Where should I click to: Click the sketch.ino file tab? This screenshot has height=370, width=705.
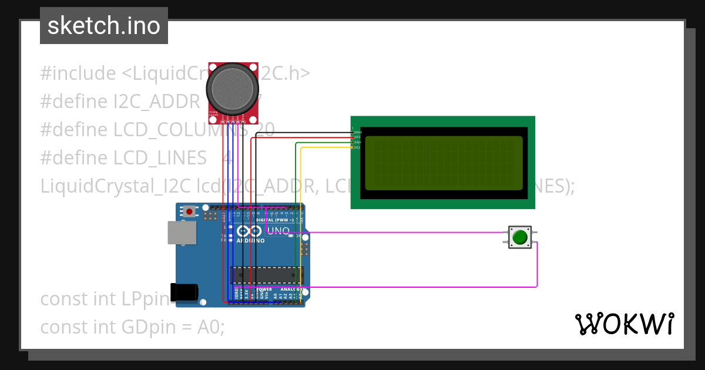104,26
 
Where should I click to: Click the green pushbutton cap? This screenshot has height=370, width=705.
520,237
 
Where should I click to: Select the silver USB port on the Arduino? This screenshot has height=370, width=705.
182,233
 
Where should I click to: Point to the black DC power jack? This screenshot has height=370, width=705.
183,292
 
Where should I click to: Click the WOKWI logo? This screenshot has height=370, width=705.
624,324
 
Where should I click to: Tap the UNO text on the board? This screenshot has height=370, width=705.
278,231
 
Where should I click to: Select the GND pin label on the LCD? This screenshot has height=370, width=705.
358,132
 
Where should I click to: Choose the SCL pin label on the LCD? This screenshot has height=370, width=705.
358,147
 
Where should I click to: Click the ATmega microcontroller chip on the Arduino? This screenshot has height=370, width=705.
267,274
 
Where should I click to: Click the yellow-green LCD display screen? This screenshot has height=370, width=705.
444,163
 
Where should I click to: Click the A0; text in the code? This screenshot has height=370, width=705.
210,327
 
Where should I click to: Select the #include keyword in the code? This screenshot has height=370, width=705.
78,73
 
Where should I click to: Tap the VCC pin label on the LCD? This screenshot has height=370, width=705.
358,137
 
